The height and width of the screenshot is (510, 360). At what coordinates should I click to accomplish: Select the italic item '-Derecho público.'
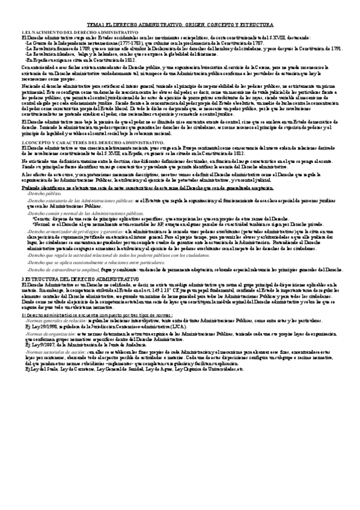[44, 195]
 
